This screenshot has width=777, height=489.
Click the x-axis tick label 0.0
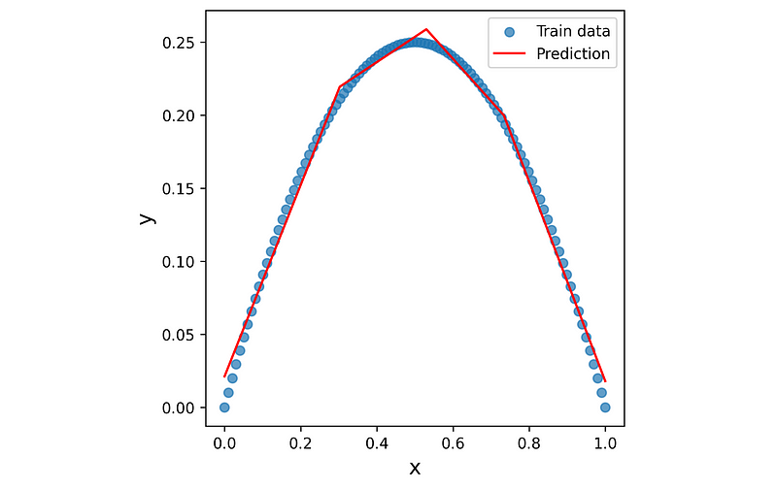[x=224, y=443]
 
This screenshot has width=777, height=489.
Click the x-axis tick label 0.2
[x=300, y=443]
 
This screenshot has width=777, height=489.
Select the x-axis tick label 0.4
[x=377, y=443]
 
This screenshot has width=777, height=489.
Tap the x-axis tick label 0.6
[x=453, y=443]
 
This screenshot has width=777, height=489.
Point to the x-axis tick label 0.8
[x=529, y=443]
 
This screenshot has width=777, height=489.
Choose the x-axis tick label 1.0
[x=605, y=443]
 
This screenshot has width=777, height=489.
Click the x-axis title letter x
[x=415, y=468]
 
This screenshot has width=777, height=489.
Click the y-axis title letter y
[x=148, y=218]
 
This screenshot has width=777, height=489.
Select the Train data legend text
[x=573, y=31]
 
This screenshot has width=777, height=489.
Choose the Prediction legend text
[x=573, y=53]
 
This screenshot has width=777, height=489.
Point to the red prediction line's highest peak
[x=426, y=29]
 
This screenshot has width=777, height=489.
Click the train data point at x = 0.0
[x=224, y=407]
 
